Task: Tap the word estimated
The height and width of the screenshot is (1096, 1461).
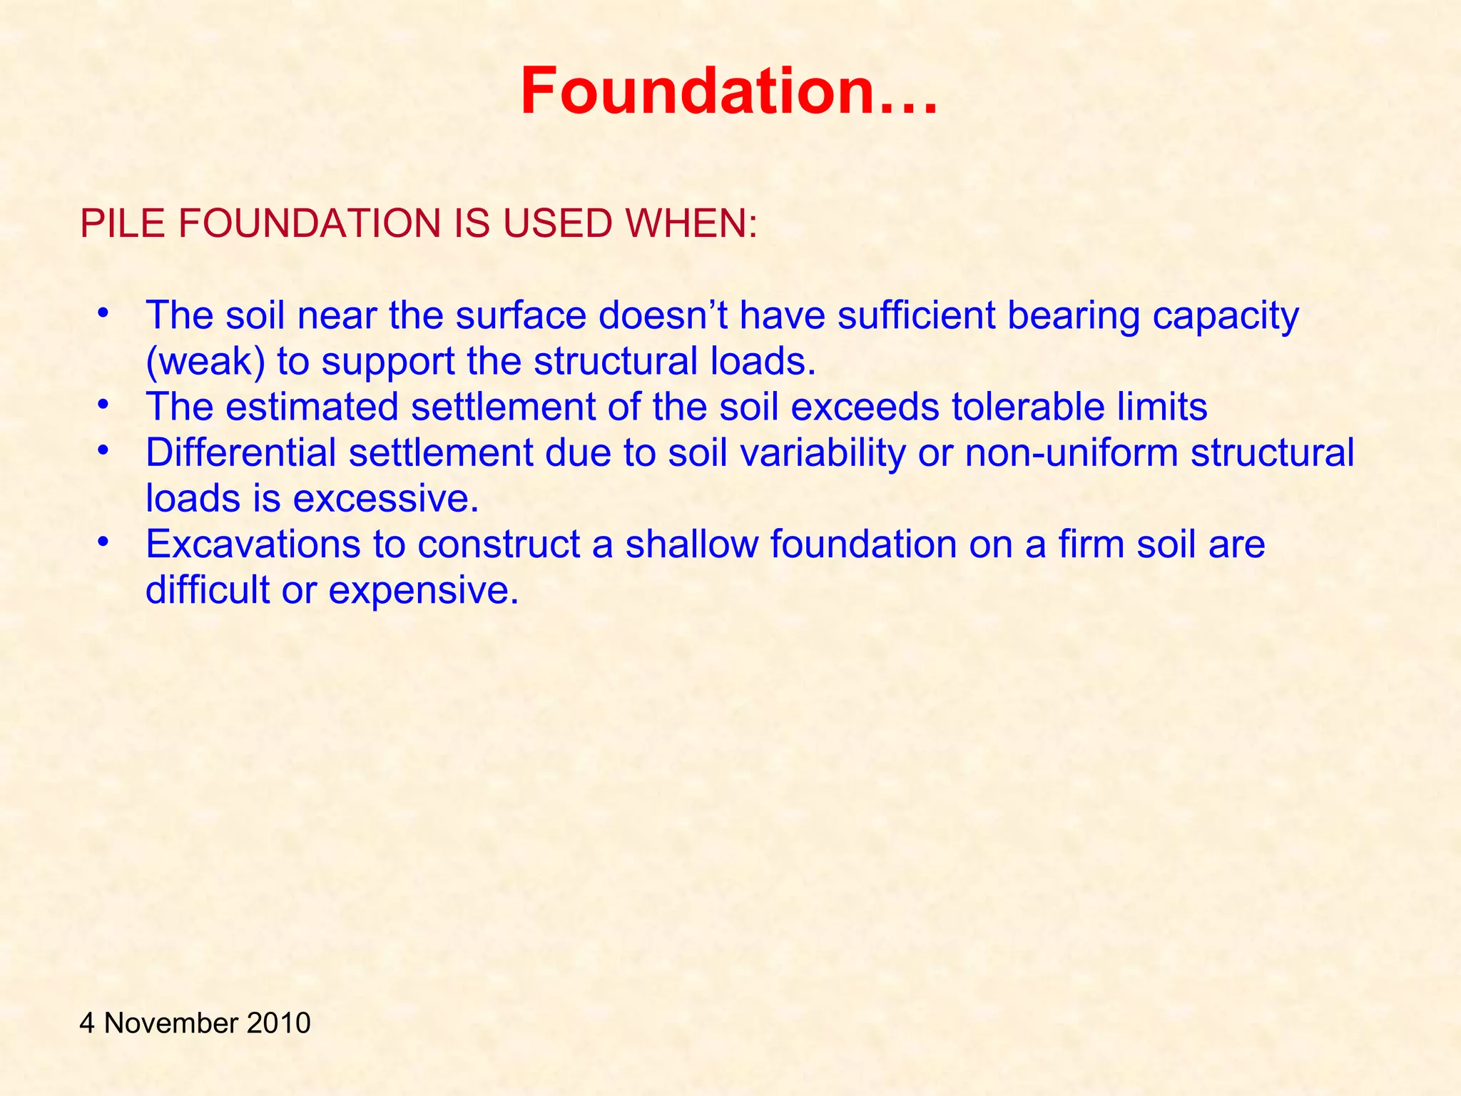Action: [312, 407]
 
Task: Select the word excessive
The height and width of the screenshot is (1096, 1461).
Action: [386, 498]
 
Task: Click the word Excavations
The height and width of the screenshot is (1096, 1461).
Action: [253, 544]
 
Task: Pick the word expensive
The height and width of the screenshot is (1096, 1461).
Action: [423, 591]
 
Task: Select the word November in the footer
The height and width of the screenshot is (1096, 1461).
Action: [171, 1023]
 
